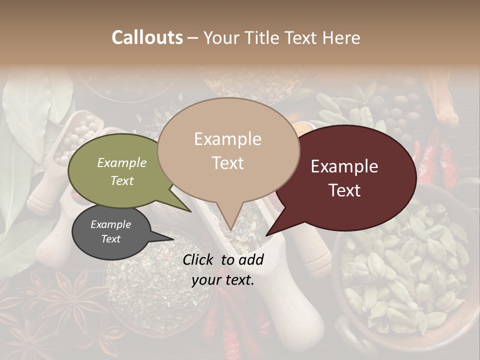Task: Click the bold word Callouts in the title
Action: tap(147, 38)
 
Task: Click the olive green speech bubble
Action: tap(120, 170)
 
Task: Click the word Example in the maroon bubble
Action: tap(344, 166)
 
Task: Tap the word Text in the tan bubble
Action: tap(228, 162)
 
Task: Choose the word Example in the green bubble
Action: tap(122, 162)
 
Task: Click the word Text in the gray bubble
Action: tap(111, 239)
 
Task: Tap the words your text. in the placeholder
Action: tap(223, 280)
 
